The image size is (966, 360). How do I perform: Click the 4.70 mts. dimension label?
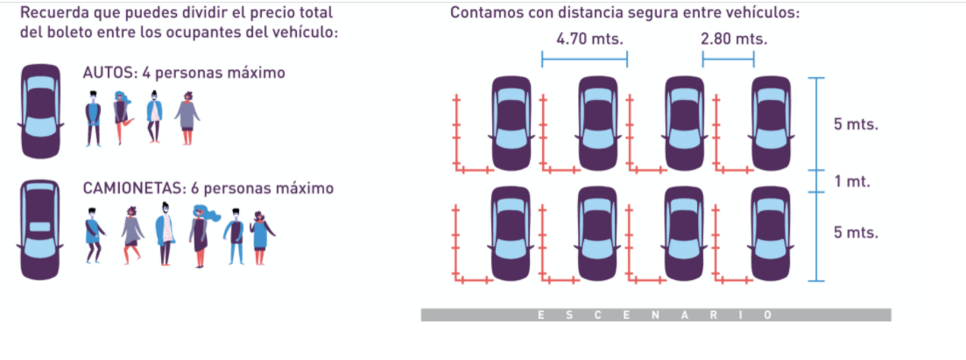click(x=584, y=39)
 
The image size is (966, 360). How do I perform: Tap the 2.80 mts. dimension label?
click(x=733, y=39)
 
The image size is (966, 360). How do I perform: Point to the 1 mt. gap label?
click(x=851, y=181)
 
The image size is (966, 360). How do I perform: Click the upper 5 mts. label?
click(x=856, y=124)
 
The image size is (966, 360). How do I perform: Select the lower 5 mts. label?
click(x=856, y=233)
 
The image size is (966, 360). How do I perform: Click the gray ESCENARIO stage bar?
click(x=655, y=314)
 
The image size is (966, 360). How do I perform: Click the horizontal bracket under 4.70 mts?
click(x=584, y=59)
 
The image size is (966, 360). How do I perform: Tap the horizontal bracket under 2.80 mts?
click(x=728, y=59)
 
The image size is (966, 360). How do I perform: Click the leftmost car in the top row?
click(x=511, y=124)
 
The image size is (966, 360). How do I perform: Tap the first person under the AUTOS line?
click(x=94, y=119)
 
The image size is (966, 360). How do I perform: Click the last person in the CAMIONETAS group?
click(x=261, y=236)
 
